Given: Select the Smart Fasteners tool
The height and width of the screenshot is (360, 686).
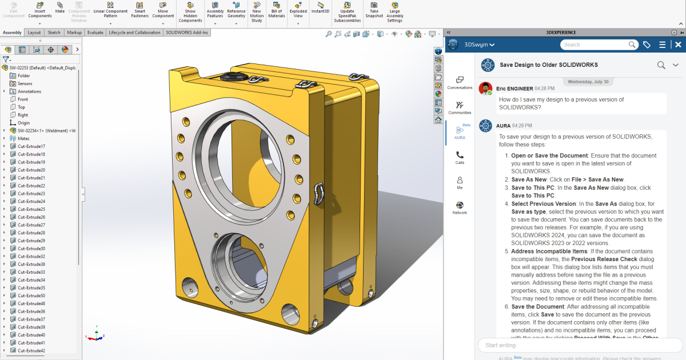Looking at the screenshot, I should [139, 10].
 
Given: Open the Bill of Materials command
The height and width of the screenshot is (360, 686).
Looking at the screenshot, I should [277, 10].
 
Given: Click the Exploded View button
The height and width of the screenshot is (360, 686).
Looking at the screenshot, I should [298, 10].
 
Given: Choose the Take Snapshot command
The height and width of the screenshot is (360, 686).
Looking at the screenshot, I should [374, 10].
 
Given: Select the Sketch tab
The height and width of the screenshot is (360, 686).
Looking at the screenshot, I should [54, 33].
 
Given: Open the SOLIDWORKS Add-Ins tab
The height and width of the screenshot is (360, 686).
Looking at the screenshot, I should [188, 33].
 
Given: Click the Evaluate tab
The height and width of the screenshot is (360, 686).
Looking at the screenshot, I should [95, 33].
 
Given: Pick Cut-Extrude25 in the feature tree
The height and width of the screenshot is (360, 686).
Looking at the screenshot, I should [31, 209].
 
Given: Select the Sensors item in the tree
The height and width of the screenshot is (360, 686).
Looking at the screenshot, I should [25, 83].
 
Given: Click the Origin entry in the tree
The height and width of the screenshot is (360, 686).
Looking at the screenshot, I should [23, 123].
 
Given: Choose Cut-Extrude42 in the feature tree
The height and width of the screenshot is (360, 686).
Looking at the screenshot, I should [31, 350].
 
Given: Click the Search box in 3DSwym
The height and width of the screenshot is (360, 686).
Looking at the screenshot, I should [595, 45].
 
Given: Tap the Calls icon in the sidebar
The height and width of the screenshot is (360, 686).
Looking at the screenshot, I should [460, 157].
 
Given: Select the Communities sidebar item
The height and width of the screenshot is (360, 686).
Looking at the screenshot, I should [460, 107].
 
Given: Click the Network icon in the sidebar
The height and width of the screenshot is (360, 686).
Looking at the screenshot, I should [460, 207].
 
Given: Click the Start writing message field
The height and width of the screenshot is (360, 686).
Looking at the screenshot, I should [577, 345].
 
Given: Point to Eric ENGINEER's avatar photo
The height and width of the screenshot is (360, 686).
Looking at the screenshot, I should [485, 89].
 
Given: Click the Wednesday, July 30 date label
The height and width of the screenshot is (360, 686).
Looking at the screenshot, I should [588, 82].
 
